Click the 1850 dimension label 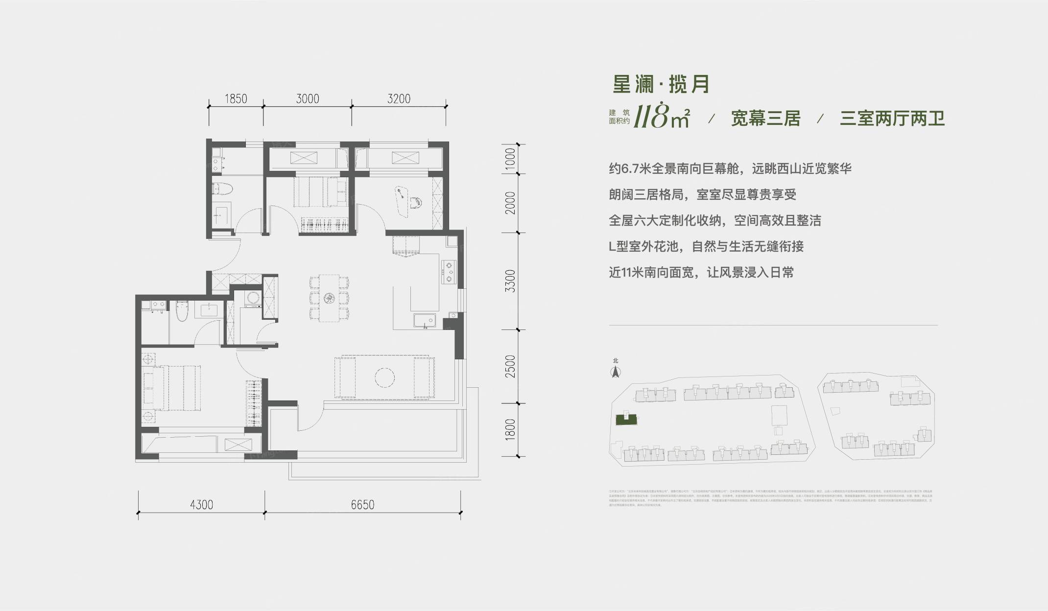[x=236, y=99]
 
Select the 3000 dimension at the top [x=308, y=99]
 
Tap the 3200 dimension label [x=399, y=99]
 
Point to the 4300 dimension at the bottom [x=201, y=504]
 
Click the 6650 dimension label [x=362, y=504]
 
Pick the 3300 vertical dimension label [x=510, y=281]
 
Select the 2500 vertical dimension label [x=510, y=366]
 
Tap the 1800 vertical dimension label [x=510, y=429]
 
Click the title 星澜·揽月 [x=661, y=85]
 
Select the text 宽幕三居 [x=765, y=119]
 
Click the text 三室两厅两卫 [x=892, y=119]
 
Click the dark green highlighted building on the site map [x=625, y=419]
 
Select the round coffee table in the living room [x=384, y=377]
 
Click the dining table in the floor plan [x=329, y=298]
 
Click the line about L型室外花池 [x=706, y=246]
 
